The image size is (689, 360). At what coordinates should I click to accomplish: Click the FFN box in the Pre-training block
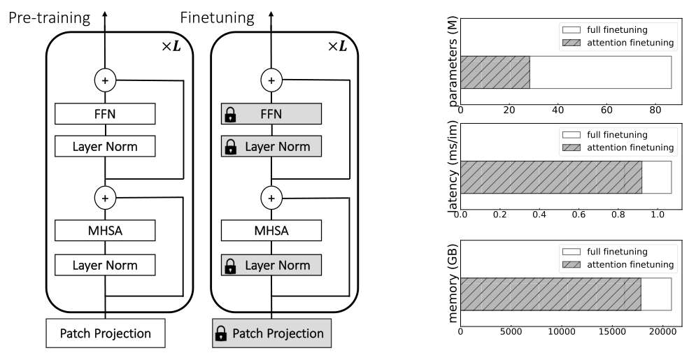coord(105,114)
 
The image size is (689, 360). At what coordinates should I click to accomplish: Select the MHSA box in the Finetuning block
coord(271,231)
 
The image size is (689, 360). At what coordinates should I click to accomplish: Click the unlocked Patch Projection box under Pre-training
coord(105,333)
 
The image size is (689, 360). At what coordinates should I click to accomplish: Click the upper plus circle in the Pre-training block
coord(105,80)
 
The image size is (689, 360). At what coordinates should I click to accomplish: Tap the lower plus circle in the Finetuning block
coord(271,198)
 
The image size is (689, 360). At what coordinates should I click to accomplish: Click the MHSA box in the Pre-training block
coord(105,231)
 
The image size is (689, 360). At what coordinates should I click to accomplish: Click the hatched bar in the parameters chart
coord(495,72)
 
